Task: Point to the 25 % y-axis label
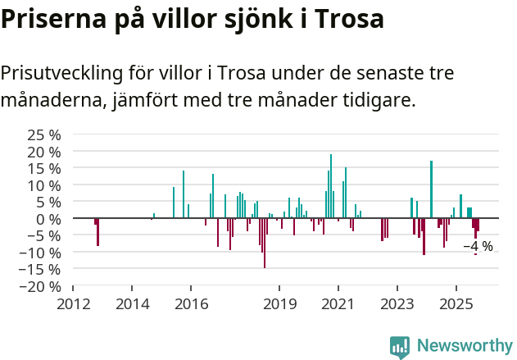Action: [44, 134]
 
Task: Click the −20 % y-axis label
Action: [40, 286]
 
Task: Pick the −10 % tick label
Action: [40, 253]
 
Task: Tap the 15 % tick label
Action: [44, 168]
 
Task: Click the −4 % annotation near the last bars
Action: [478, 246]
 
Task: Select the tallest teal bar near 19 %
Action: [331, 186]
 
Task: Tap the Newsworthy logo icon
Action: [400, 347]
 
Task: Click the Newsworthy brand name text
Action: [464, 347]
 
